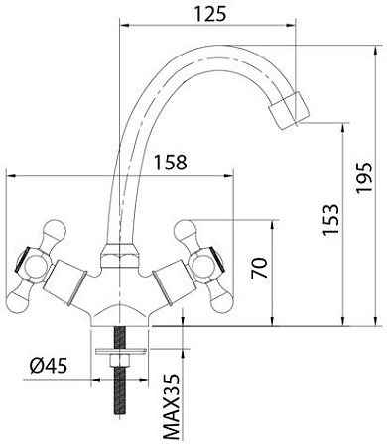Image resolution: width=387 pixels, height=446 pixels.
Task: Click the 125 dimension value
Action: tap(205, 13)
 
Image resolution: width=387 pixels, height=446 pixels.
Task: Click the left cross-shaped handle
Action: tap(31, 264)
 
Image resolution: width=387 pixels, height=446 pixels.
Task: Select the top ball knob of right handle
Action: tap(187, 232)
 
